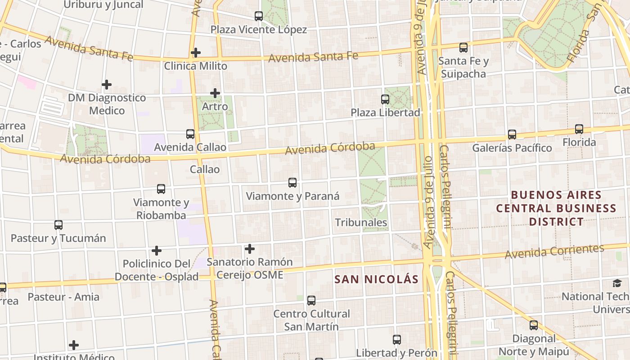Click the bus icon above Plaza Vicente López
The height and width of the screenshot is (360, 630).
pyautogui.click(x=259, y=16)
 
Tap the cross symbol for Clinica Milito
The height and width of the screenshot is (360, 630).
pyautogui.click(x=195, y=53)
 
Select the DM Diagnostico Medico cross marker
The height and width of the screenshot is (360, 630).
pyautogui.click(x=107, y=84)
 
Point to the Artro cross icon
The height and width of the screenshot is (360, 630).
pyautogui.click(x=215, y=93)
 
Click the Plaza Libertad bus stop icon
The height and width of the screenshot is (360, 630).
pyautogui.click(x=385, y=99)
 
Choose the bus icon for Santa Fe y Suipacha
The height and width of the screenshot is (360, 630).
pyautogui.click(x=463, y=47)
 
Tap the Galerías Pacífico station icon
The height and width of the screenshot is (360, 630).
pyautogui.click(x=512, y=134)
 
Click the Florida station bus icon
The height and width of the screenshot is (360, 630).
pyautogui.click(x=579, y=129)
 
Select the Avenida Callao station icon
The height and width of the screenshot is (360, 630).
pyautogui.click(x=190, y=134)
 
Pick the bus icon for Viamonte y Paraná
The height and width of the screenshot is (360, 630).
pyautogui.click(x=292, y=183)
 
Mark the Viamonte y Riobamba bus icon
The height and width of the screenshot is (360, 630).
pyautogui.click(x=161, y=189)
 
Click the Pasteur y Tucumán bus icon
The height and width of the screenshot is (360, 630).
pyautogui.click(x=58, y=225)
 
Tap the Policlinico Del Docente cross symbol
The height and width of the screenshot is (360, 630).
pyautogui.click(x=157, y=250)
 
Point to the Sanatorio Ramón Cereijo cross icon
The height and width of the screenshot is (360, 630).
pyautogui.click(x=250, y=248)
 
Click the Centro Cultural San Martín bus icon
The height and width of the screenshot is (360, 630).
pyautogui.click(x=311, y=301)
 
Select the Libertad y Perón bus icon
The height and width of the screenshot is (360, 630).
pyautogui.click(x=397, y=340)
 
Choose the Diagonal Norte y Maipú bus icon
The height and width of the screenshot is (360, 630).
pyautogui.click(x=534, y=325)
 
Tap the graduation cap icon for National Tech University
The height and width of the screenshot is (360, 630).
pyautogui.click(x=617, y=283)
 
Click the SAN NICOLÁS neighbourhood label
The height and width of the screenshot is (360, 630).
pyautogui.click(x=377, y=279)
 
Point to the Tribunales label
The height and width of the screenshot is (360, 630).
pyautogui.click(x=361, y=222)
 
